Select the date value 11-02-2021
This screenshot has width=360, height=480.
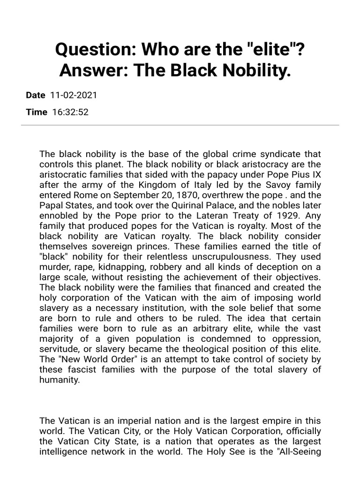73,95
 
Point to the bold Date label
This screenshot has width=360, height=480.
36,95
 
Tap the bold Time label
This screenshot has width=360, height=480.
37,112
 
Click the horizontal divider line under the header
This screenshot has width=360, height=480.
180,125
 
